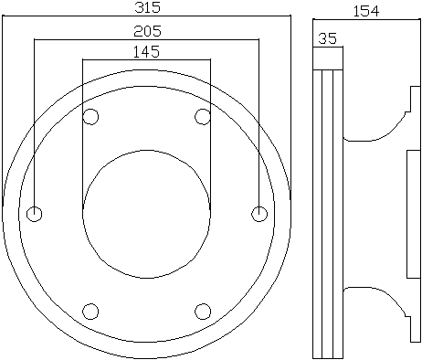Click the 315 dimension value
tap(147, 7)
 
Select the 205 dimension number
tap(147, 31)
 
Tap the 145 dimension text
tap(146, 52)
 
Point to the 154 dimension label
tap(366, 11)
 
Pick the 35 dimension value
tap(328, 38)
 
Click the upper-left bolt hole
tap(90, 116)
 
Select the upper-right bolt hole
tap(203, 116)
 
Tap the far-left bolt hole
tap(35, 214)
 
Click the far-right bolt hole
tap(259, 214)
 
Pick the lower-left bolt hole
tap(90, 312)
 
